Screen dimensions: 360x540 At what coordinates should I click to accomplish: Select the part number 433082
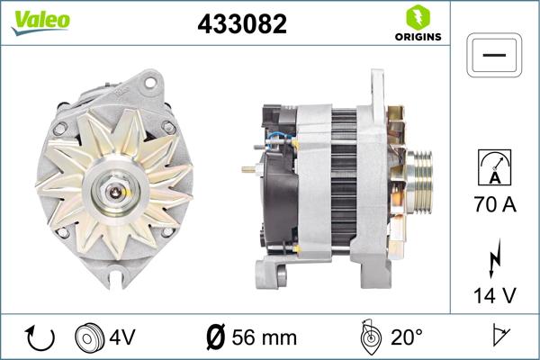tap(241, 24)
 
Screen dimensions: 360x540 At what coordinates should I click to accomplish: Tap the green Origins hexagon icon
tap(417, 16)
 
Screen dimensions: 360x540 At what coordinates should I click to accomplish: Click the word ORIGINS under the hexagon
tap(417, 38)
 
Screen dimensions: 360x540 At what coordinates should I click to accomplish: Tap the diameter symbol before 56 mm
tap(216, 337)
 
